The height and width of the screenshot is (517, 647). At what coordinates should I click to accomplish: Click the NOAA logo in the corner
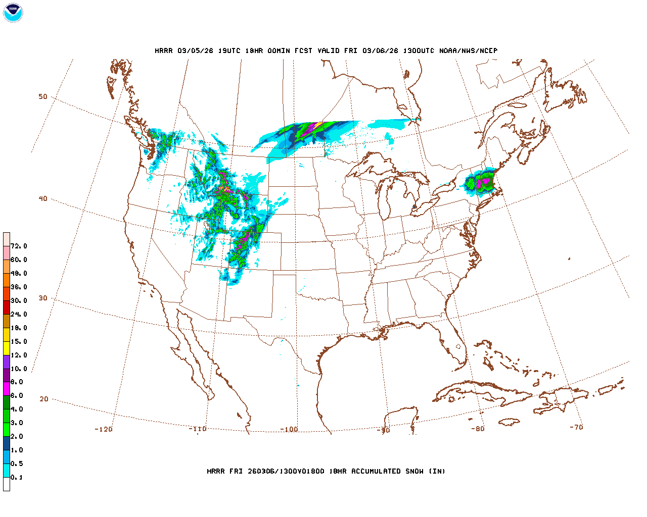click(13, 13)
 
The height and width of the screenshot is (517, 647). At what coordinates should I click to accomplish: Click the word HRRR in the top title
click(164, 51)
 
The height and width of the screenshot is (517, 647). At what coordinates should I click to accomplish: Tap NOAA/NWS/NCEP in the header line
click(468, 51)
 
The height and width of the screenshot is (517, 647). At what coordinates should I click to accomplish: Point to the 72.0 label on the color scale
click(19, 246)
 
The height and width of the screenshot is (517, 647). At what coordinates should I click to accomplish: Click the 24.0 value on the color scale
click(19, 315)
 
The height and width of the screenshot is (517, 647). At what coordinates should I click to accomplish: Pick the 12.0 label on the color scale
click(19, 355)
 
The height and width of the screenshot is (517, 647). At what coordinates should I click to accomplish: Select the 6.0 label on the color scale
click(17, 396)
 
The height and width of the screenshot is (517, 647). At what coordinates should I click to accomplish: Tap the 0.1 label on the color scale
click(17, 478)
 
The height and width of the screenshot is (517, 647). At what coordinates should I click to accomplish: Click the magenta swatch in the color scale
click(7, 389)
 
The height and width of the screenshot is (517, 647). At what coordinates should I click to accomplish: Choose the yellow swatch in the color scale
click(7, 348)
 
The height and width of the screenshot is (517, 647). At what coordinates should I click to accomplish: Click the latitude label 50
click(43, 97)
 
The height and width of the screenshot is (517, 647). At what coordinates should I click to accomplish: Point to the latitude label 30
click(43, 298)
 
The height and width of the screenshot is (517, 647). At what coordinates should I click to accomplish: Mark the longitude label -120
click(104, 430)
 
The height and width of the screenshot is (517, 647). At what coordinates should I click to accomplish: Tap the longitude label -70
click(576, 427)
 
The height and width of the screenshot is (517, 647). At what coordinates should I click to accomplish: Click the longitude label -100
click(289, 430)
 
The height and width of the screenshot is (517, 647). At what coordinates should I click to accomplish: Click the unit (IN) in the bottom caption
click(437, 472)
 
